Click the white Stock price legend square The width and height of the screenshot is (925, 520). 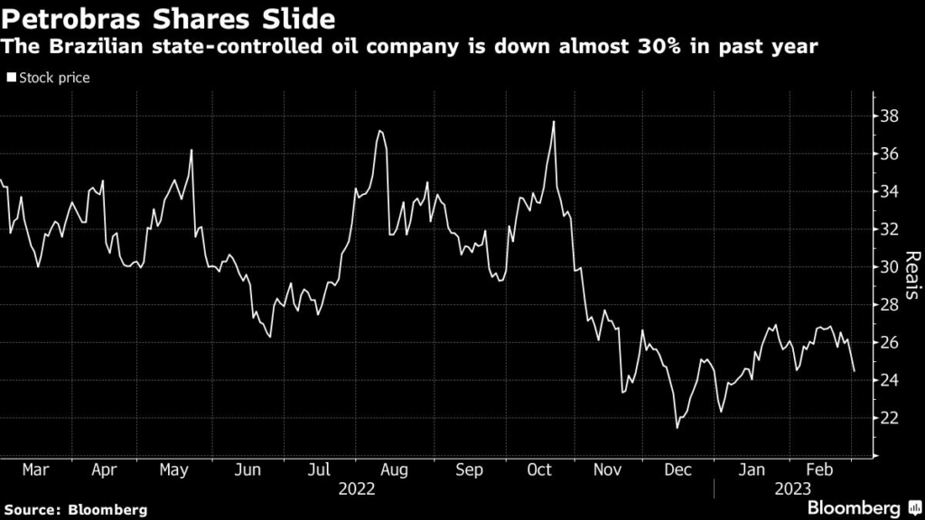[x=11, y=79]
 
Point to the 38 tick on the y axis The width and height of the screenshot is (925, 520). [x=889, y=116]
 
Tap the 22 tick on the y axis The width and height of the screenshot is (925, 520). [x=889, y=418]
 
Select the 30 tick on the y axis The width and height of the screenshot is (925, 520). [x=889, y=267]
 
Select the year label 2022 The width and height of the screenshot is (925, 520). [x=356, y=489]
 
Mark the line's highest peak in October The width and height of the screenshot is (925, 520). [x=553, y=121]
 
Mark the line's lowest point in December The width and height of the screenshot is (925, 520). [x=677, y=427]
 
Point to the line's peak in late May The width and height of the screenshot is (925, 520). [x=192, y=150]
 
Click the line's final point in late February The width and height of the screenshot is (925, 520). [x=854, y=371]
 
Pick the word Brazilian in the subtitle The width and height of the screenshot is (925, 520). [x=92, y=47]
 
